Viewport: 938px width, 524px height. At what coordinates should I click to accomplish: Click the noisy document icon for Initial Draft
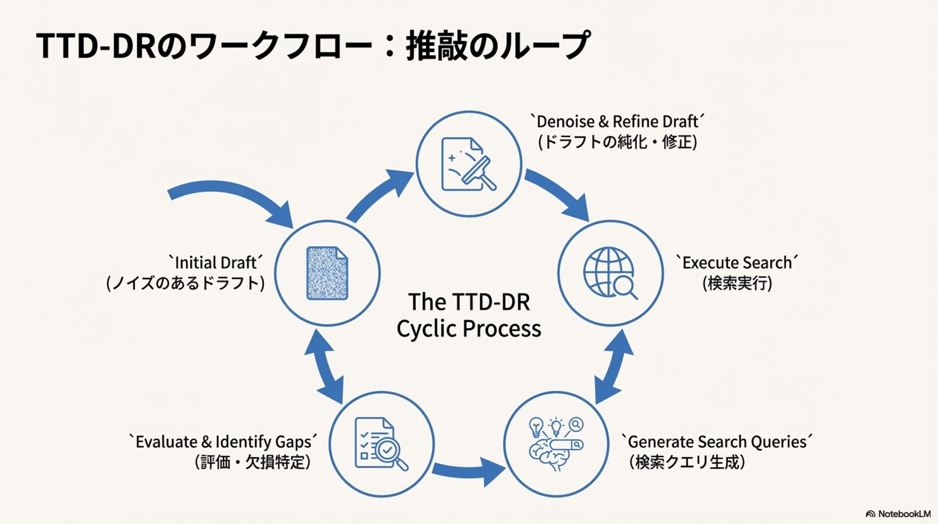click(327, 273)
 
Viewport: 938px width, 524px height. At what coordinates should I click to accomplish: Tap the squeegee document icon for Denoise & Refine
click(468, 164)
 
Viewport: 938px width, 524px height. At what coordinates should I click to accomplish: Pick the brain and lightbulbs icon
click(556, 444)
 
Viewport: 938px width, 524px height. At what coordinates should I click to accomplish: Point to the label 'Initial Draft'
click(215, 262)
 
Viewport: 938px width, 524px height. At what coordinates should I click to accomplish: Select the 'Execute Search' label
click(737, 262)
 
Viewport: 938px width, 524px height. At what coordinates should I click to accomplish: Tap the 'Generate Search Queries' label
click(716, 441)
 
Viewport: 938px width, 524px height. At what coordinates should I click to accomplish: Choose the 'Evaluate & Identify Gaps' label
click(223, 441)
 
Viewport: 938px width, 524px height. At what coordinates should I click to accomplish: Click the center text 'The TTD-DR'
click(469, 302)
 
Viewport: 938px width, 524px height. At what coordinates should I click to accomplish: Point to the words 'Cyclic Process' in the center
click(469, 328)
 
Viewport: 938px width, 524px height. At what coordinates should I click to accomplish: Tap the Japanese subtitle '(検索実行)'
click(737, 283)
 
